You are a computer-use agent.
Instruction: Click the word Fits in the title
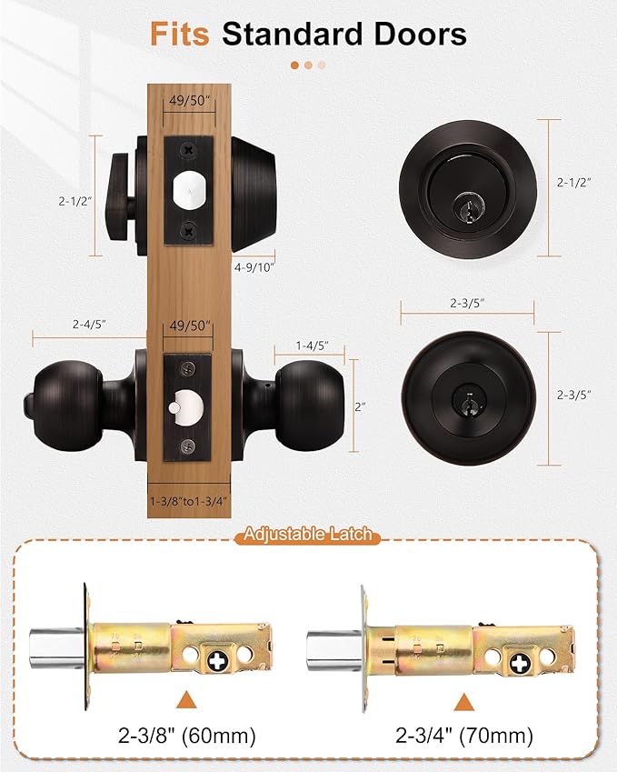(181, 35)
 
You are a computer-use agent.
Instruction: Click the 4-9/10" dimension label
(254, 267)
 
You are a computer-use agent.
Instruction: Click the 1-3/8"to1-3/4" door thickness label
(187, 500)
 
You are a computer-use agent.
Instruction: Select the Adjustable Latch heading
(308, 535)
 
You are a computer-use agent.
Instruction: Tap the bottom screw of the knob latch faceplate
(188, 445)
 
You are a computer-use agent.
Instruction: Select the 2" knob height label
(361, 406)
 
